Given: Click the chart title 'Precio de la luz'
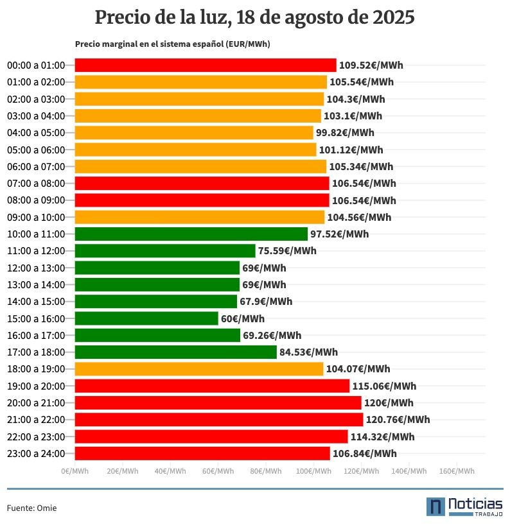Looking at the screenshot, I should point(254,18).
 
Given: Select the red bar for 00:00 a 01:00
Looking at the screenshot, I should point(206,65).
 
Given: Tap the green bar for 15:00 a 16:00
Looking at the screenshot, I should point(146,318).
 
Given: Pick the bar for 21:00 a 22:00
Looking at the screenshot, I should point(219,420).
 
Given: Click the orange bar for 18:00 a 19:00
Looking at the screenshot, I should point(199,369).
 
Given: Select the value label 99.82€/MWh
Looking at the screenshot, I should point(344,133).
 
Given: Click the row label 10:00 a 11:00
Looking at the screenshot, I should point(36,234).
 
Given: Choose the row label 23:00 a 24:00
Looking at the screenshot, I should point(36,454).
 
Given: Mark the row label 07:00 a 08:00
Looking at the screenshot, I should point(36,184).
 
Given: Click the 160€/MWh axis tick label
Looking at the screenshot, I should point(456,471).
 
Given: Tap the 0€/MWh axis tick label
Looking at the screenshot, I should point(75,471).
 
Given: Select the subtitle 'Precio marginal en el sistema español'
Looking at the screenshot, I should point(172,44).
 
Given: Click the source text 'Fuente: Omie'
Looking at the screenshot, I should point(32,508).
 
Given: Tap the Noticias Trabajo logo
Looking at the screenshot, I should point(464,506).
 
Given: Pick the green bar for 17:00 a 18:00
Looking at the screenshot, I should point(175,352).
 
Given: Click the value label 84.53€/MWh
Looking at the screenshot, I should point(308,352).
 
